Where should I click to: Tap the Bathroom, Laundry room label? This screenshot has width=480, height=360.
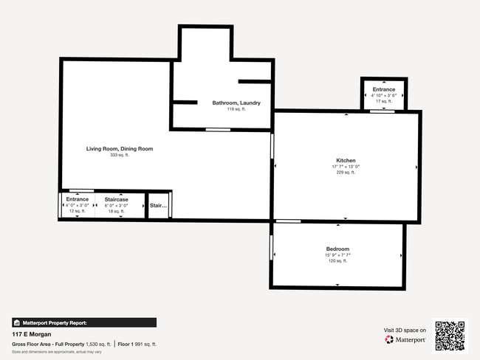[236, 103]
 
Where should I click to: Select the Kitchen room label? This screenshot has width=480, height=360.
[346, 160]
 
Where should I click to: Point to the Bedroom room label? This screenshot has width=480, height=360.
[337, 249]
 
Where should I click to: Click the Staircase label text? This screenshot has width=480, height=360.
[117, 199]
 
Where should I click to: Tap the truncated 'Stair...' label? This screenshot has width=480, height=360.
[158, 206]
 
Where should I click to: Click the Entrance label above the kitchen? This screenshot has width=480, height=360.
[384, 89]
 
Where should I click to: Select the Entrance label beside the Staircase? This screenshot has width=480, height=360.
[78, 199]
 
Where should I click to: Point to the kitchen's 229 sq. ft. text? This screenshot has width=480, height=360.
[346, 173]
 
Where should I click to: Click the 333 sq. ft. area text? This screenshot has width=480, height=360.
[120, 155]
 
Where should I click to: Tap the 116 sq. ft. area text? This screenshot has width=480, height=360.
[236, 108]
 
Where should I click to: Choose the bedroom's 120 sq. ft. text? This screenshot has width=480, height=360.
[337, 261]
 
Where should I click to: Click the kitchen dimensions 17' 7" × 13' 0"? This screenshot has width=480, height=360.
[346, 167]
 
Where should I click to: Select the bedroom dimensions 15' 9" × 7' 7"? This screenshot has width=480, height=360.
[337, 255]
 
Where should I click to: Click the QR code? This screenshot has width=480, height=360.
[450, 336]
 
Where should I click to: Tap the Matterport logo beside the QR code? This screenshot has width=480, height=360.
[405, 340]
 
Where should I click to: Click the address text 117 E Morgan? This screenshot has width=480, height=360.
[32, 334]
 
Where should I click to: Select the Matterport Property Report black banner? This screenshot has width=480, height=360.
[83, 322]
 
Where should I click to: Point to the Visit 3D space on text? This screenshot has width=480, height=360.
[405, 330]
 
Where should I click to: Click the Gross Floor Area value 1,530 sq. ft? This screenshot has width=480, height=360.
[98, 344]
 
